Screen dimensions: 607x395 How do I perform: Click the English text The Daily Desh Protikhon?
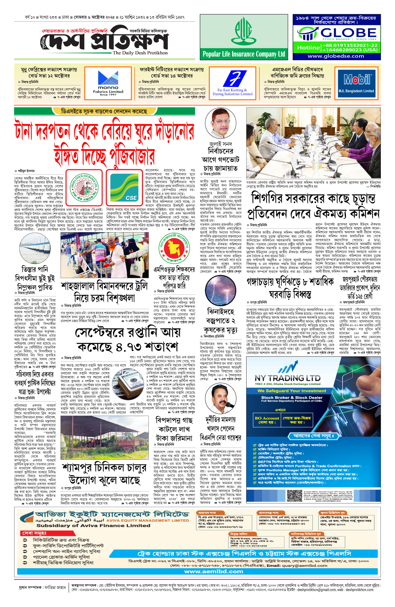(140, 53)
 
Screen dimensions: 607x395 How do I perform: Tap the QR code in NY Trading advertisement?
(294, 495)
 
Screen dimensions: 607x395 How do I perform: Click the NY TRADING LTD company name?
(288, 378)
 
